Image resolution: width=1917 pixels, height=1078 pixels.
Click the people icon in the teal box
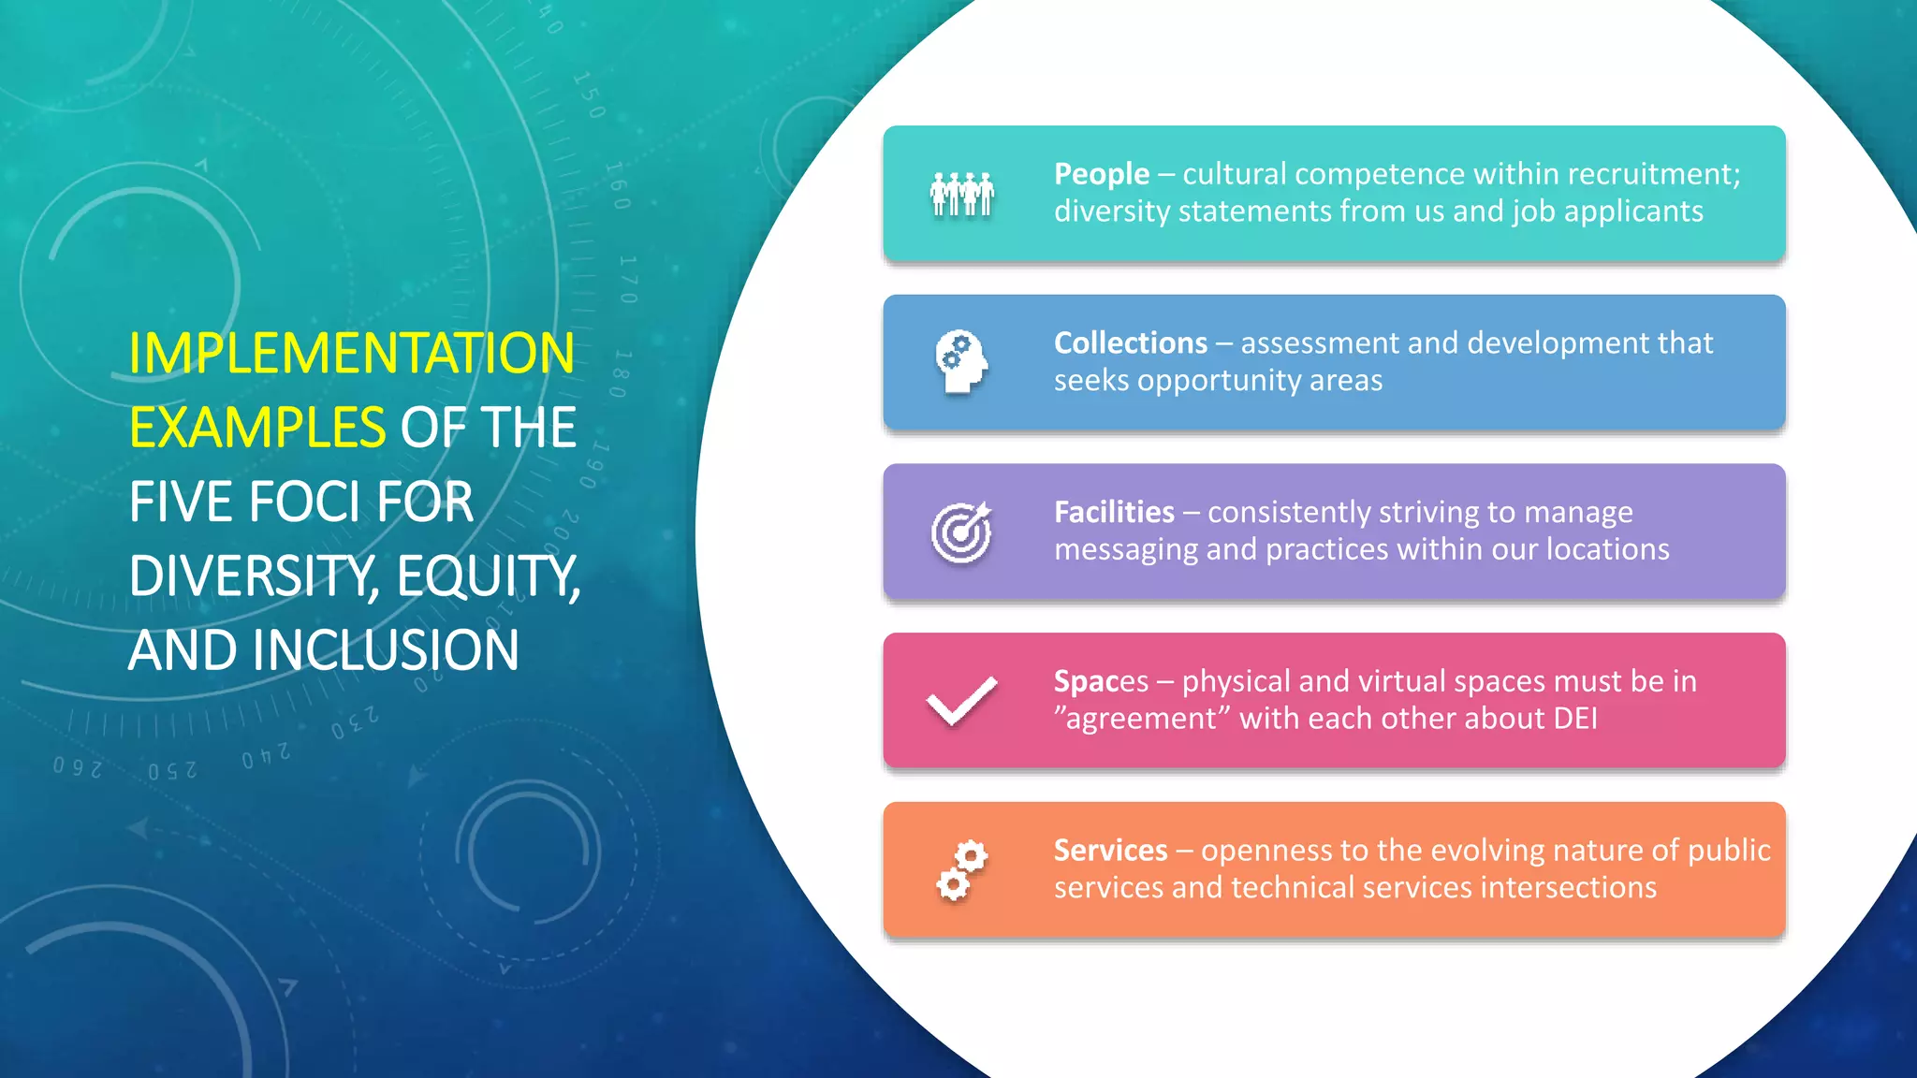point(961,195)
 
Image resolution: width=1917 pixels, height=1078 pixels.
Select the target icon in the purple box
point(961,532)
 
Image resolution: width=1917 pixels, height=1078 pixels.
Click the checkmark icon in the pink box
point(961,700)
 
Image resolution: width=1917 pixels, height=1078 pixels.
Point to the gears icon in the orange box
point(961,869)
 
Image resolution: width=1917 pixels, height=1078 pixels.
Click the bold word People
point(1102,174)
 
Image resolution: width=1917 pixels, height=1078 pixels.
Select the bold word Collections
point(1131,343)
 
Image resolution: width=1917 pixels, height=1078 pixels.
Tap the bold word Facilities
point(1114,512)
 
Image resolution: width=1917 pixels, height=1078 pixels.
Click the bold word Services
point(1110,850)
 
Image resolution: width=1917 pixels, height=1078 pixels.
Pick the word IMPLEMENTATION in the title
point(352,354)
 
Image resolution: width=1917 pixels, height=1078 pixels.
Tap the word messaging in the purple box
point(1126,549)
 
